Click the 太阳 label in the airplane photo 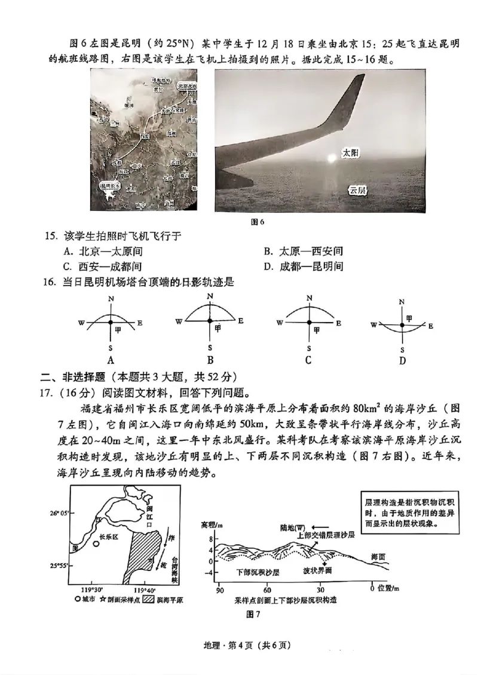click(x=350, y=153)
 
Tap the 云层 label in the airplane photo click(x=357, y=189)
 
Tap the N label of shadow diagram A click(x=111, y=299)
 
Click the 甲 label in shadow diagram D click(x=409, y=318)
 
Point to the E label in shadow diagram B click(x=240, y=321)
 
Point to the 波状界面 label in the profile click(x=317, y=570)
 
